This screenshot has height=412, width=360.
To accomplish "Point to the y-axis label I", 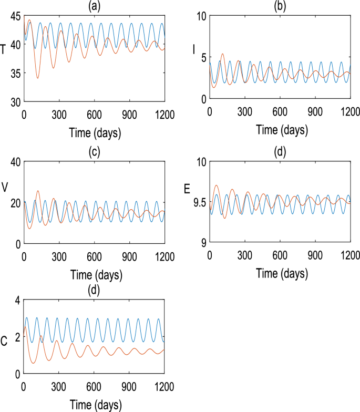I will pyautogui.click(x=194, y=49).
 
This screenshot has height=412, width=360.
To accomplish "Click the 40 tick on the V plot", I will pyautogui.click(x=15, y=162).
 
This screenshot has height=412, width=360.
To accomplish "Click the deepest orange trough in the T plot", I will pyautogui.click(x=37, y=78).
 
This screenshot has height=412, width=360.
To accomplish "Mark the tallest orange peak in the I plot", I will pyautogui.click(x=223, y=54).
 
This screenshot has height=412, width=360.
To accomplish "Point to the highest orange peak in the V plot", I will pyautogui.click(x=37, y=191).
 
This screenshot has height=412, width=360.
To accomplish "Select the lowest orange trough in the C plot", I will pyautogui.click(x=33, y=363).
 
